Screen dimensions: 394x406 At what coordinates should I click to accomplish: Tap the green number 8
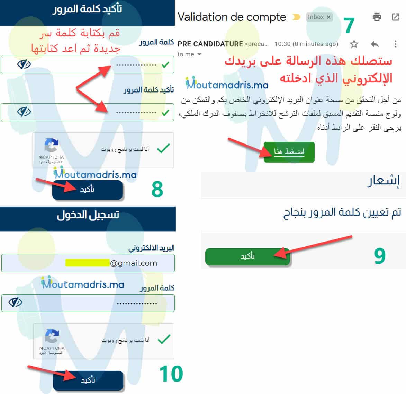tap(157, 189)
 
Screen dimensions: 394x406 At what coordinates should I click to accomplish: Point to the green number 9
tap(379, 256)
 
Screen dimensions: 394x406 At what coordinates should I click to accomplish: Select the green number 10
tap(171, 374)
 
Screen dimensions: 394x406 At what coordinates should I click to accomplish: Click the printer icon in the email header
tap(377, 17)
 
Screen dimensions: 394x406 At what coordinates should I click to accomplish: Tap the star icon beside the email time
tap(354, 44)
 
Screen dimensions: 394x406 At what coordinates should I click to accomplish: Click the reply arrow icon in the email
tap(375, 44)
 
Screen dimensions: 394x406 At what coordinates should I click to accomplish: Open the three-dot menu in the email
tap(395, 44)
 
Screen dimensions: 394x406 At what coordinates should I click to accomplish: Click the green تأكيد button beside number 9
tap(247, 256)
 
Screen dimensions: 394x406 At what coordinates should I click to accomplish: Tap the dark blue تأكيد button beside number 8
tap(88, 190)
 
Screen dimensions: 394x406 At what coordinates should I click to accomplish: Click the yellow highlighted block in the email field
tap(87, 263)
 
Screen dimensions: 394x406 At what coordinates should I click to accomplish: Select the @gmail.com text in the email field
tap(134, 263)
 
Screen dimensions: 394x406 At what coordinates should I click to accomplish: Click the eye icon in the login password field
tap(15, 303)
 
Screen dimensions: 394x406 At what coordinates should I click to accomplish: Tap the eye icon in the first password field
tap(24, 64)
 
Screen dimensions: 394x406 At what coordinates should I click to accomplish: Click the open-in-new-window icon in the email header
tap(395, 17)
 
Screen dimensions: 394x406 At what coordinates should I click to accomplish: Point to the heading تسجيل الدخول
tap(88, 215)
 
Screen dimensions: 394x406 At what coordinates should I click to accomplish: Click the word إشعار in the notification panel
tap(384, 181)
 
